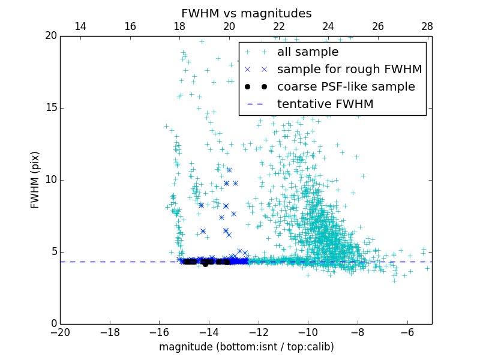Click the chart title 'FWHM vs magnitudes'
pos(246,13)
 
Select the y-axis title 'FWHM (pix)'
pos(35,180)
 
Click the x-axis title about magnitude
pos(246,347)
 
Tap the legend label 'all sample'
pos(307,52)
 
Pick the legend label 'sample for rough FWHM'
pos(349,70)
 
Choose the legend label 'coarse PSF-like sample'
pos(346,87)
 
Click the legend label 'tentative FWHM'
pos(325,104)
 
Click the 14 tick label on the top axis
pos(80,26)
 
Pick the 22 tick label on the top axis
pos(278,26)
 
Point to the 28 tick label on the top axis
pos(427,26)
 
